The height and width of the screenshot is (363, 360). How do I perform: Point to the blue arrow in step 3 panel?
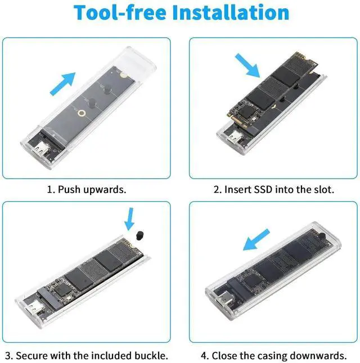click(130, 218)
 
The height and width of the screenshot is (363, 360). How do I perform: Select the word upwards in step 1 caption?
click(105, 189)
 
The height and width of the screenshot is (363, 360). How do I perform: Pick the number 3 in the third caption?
click(7, 356)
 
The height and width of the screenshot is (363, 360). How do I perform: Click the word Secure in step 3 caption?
click(31, 356)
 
